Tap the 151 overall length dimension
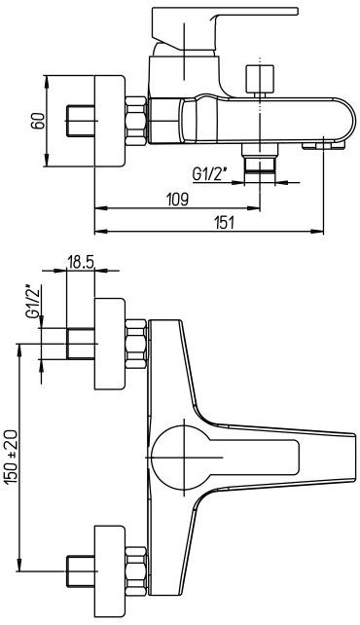coord(224,222)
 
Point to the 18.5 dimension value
coord(80,262)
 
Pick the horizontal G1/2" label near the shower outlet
coord(210,175)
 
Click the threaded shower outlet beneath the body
coord(259,163)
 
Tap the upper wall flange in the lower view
coord(110,345)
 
